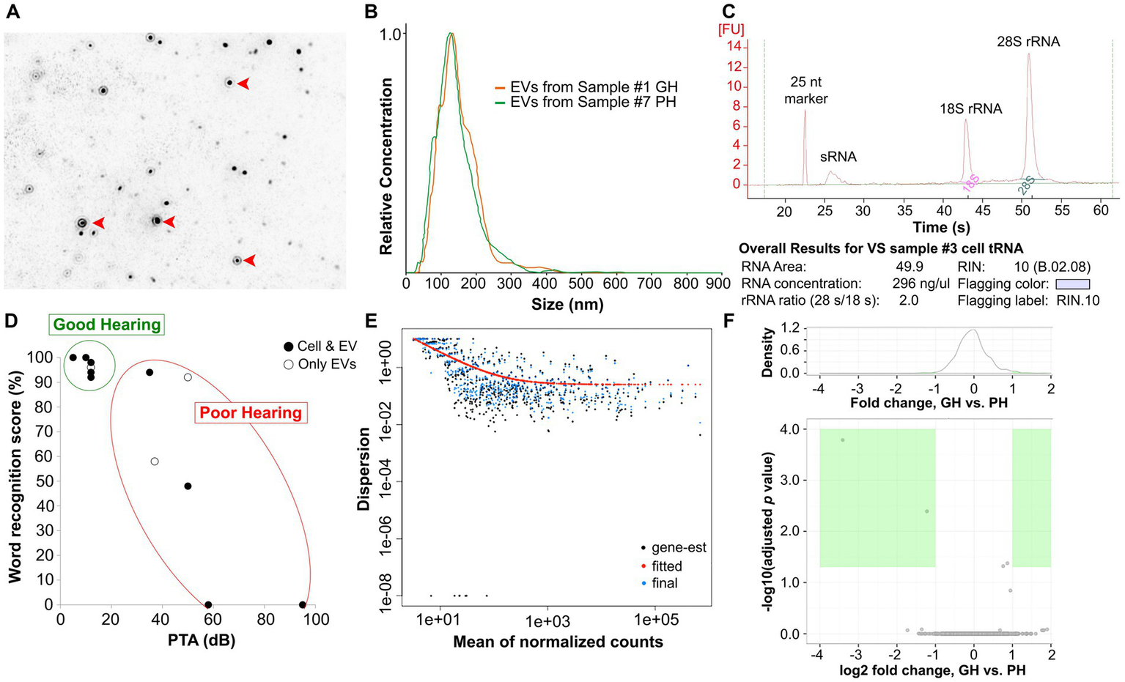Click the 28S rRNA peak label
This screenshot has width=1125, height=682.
coord(1028,42)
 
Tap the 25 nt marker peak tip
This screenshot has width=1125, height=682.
coord(805,111)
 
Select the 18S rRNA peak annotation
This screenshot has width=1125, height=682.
coord(971,108)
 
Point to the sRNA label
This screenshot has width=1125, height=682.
coord(838,156)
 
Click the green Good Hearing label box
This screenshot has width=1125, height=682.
coord(107,325)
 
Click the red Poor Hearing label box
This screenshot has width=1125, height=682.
coord(251,412)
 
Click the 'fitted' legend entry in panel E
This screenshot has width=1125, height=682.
coord(666,566)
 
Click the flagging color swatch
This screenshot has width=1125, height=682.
coord(1071,284)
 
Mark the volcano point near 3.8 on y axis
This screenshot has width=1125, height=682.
coord(843,440)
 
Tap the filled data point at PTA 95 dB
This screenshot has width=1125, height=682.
coord(303,604)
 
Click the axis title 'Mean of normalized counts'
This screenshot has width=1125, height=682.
coord(558,642)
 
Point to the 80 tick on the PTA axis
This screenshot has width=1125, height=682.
coord(265,620)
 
